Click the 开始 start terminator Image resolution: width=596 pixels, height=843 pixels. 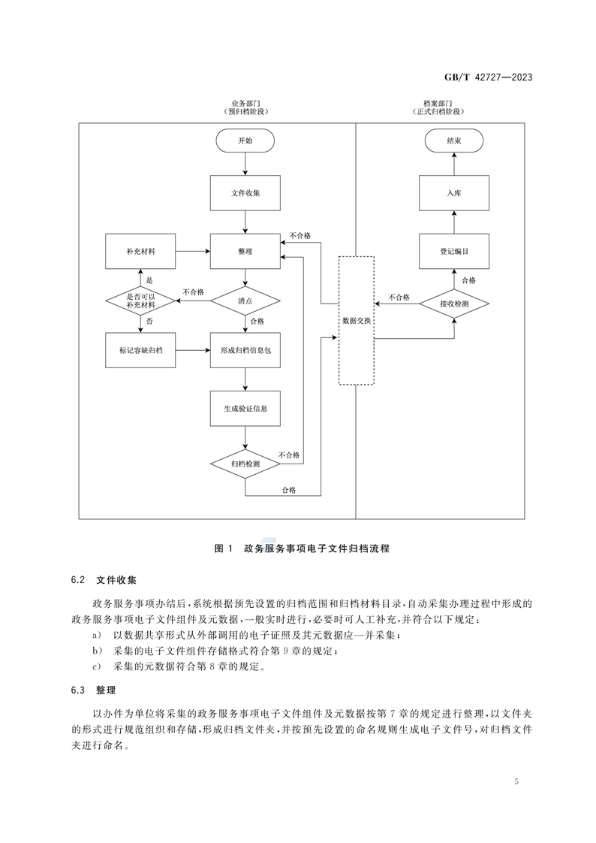pos(245,140)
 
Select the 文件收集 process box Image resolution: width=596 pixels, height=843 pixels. pos(245,193)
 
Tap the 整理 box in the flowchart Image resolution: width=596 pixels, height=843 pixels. pos(245,250)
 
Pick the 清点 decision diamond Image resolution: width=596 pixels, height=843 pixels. pos(245,301)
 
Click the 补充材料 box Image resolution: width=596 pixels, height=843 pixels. pos(140,250)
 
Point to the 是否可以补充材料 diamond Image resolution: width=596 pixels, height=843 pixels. pos(140,301)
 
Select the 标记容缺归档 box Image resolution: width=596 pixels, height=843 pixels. pos(140,350)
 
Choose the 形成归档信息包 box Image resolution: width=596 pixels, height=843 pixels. pos(245,350)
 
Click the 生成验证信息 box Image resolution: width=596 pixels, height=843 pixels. pos(245,409)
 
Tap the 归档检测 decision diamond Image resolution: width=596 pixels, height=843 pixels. pos(245,464)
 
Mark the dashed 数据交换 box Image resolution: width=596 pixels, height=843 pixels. pos(356,320)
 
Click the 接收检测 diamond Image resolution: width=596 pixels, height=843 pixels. pos(454,304)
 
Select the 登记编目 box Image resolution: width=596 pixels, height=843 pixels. pos(454,251)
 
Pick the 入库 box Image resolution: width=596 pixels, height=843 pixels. pos(454,193)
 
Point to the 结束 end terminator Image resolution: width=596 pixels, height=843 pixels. pos(454,140)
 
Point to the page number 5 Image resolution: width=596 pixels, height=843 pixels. pos(517,782)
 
